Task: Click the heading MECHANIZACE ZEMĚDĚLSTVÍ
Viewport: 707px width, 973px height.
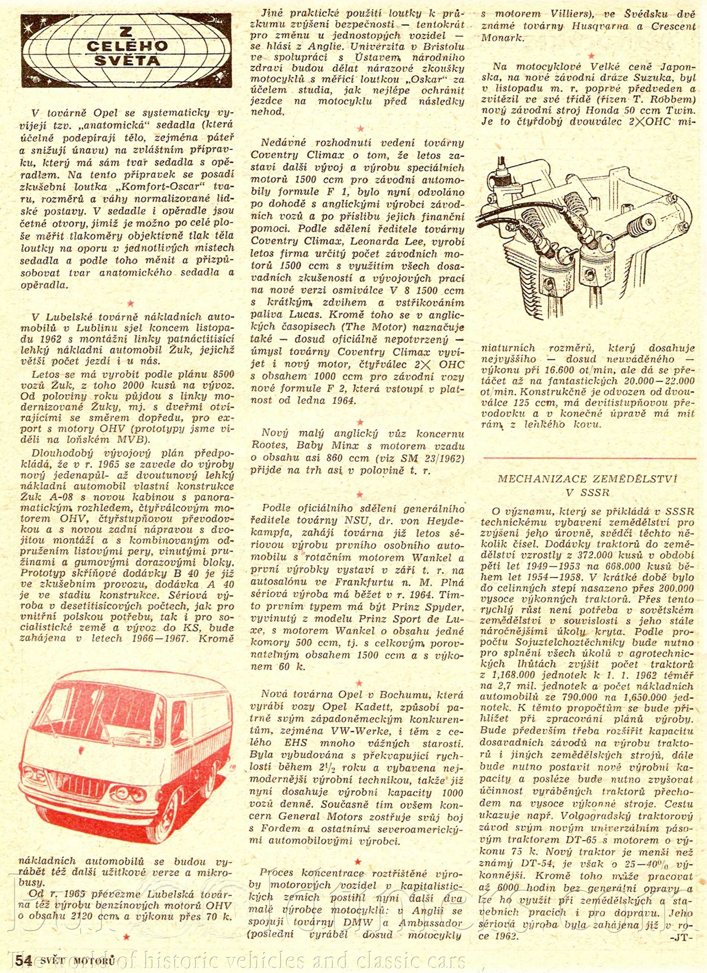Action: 587,479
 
